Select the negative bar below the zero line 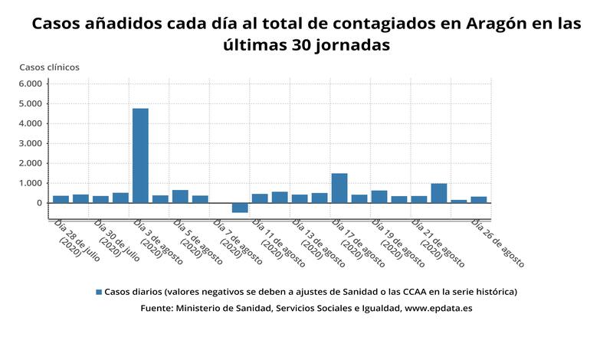click(240, 208)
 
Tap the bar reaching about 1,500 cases click(339, 188)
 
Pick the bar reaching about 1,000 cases click(439, 193)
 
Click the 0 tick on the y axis click(38, 203)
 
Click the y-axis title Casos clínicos click(49, 67)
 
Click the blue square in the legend click(98, 292)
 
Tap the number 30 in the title click(306, 45)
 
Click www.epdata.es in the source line click(438, 308)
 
